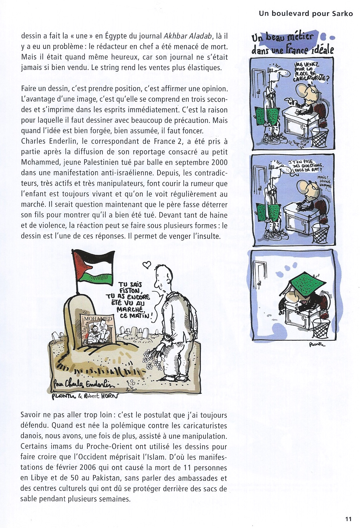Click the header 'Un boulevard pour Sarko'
click(x=306, y=14)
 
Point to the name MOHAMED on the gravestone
click(x=98, y=319)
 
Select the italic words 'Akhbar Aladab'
click(x=188, y=36)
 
